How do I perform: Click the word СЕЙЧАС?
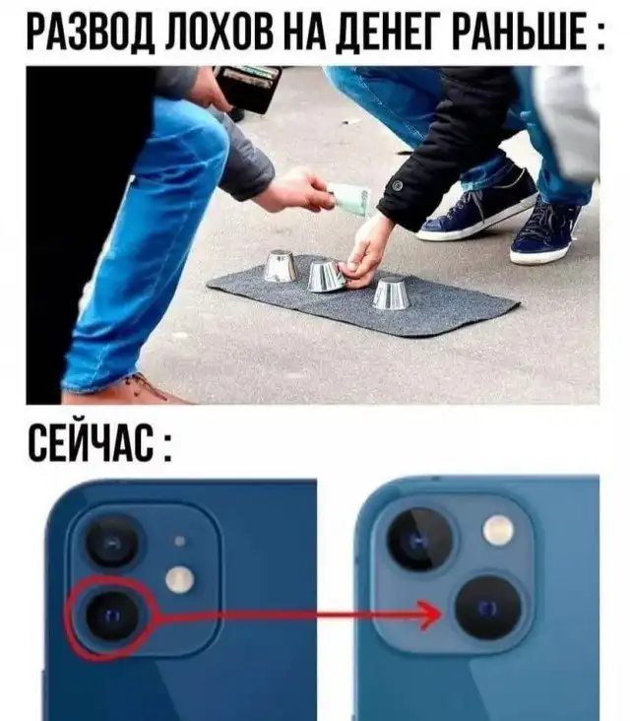pos(91,442)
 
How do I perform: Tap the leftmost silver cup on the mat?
pos(281,266)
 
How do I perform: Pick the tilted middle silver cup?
pos(325,276)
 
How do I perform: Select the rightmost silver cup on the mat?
pos(391,293)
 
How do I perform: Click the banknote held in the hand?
pos(350,199)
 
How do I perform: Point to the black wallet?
pos(248,88)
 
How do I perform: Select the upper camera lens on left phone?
pos(113,543)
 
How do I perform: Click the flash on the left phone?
pos(180,579)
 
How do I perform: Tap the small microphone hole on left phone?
pos(180,541)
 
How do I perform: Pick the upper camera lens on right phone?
pos(419,540)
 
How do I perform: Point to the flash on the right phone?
pos(498,528)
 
